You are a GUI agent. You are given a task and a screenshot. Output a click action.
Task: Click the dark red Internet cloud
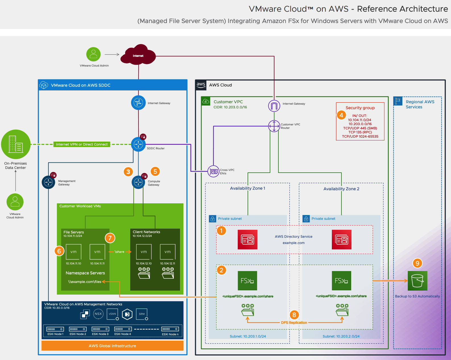(x=138, y=55)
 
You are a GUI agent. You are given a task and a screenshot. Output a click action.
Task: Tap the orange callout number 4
(x=341, y=115)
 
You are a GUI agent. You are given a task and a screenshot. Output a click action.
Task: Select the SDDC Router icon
(x=138, y=144)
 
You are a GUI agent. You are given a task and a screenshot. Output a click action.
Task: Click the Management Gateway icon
(x=48, y=182)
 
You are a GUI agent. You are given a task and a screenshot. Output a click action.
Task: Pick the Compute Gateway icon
(x=138, y=182)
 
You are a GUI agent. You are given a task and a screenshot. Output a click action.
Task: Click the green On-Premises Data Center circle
(x=16, y=144)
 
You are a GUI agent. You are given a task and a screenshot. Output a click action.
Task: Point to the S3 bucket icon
(x=417, y=281)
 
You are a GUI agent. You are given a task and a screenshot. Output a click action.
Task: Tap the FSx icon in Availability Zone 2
(x=341, y=281)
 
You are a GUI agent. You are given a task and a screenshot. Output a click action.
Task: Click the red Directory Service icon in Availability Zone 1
(x=247, y=239)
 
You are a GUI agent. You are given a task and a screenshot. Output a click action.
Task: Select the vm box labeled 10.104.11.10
(x=73, y=252)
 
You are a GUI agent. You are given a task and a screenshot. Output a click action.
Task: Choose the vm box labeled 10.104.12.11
(x=167, y=252)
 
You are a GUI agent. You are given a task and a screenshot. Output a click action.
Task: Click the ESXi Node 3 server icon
(x=100, y=329)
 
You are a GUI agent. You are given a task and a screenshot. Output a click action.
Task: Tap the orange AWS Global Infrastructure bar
(x=112, y=346)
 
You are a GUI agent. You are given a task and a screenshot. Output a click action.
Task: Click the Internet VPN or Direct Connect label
(x=82, y=144)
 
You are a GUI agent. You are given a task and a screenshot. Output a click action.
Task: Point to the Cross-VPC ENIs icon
(x=213, y=171)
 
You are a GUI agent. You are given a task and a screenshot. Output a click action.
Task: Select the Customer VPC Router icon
(x=274, y=126)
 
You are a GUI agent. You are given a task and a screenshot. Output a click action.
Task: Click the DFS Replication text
(x=294, y=322)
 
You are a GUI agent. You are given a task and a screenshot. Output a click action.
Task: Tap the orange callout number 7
(x=110, y=238)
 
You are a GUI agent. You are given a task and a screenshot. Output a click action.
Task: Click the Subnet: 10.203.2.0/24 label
(x=341, y=336)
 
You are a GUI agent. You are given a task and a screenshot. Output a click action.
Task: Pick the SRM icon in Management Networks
(x=142, y=314)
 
